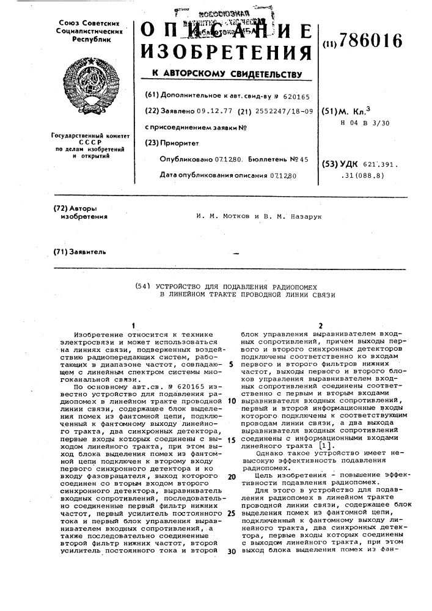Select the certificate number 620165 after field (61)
pos(297,96)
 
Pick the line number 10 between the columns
pos(232,401)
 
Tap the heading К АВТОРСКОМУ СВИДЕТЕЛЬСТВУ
pos(227,75)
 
